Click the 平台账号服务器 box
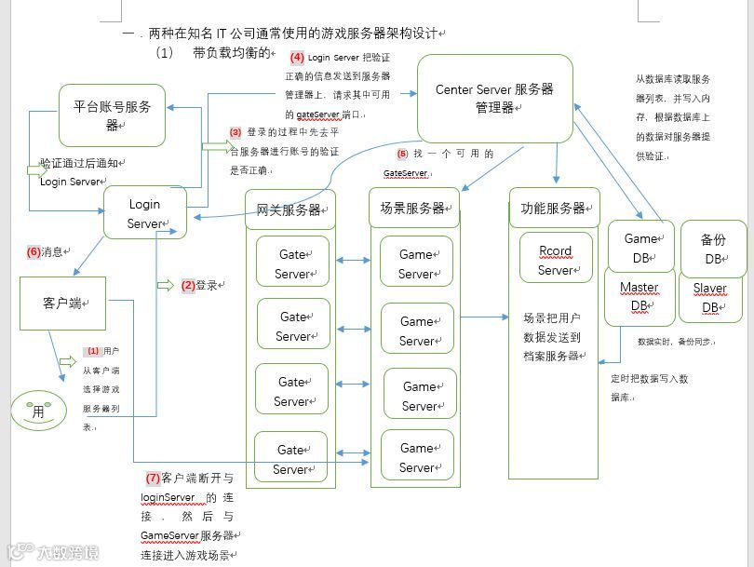(x=112, y=115)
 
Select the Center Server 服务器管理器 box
(x=494, y=98)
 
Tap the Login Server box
(x=144, y=213)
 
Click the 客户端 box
(x=62, y=304)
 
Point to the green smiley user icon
(x=38, y=410)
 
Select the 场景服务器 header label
(x=414, y=208)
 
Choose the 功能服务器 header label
(x=554, y=208)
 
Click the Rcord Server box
(x=556, y=261)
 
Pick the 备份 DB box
(x=713, y=249)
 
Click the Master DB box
(x=640, y=296)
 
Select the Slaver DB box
(x=710, y=297)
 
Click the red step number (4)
(x=298, y=58)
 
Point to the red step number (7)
(x=153, y=479)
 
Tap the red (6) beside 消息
(x=34, y=251)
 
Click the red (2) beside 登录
(x=187, y=286)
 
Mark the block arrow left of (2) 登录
(x=165, y=284)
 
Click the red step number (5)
(x=402, y=154)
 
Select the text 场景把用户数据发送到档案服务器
(x=552, y=336)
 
